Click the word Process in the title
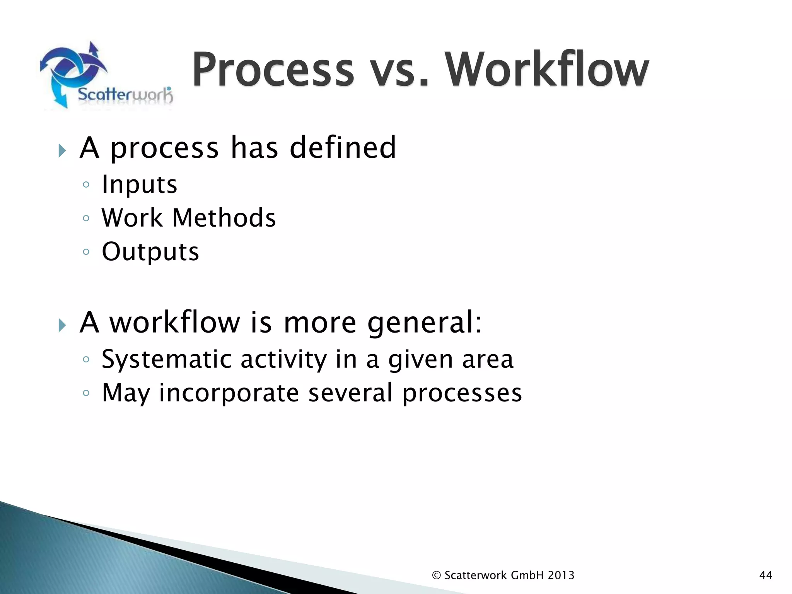click(x=273, y=70)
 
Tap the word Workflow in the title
click(x=546, y=70)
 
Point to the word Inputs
click(x=139, y=184)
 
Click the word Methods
click(x=224, y=218)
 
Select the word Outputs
click(x=150, y=252)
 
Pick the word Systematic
click(x=166, y=359)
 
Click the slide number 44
click(x=766, y=575)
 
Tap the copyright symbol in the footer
click(x=436, y=575)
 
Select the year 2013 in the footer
click(x=561, y=575)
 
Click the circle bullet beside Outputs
click(x=86, y=252)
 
